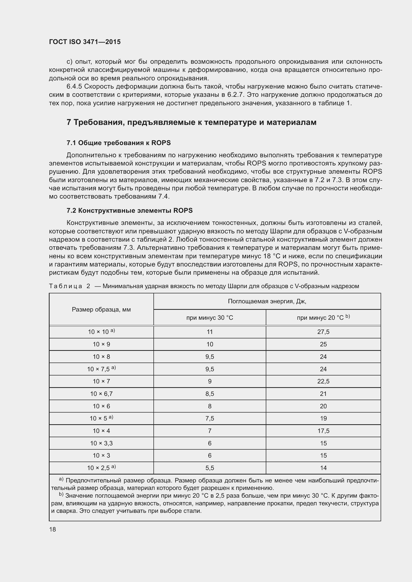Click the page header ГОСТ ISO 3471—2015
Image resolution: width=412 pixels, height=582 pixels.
pos(85,42)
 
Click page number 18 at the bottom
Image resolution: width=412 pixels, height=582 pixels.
pos(53,529)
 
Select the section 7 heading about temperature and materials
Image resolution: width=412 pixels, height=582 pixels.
pos(191,122)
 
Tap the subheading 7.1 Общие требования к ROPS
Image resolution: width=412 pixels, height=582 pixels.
pos(119,143)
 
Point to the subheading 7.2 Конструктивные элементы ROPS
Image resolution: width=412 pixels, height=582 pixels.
pos(129,211)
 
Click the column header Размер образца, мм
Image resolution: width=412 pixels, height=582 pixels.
pos(101,309)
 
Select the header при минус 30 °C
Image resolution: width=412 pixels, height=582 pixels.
pos(209,317)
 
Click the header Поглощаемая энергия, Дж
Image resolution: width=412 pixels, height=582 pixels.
pos(267,301)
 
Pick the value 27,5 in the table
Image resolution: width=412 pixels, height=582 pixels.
pos(323,332)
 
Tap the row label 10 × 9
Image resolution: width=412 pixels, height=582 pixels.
pos(101,344)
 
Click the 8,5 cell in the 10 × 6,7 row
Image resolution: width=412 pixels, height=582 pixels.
pos(209,394)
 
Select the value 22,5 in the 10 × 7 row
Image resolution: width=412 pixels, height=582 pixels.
pos(323,381)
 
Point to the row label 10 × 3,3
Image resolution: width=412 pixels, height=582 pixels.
pos(101,443)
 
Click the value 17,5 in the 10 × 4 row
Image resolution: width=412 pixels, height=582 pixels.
pos(323,431)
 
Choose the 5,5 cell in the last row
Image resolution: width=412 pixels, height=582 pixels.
pos(209,468)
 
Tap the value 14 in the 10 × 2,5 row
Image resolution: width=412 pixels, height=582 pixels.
pos(323,468)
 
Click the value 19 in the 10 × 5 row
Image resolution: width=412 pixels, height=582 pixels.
pos(323,418)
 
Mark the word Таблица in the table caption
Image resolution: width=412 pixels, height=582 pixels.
pos(66,286)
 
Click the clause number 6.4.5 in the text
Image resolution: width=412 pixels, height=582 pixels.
pos(74,86)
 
